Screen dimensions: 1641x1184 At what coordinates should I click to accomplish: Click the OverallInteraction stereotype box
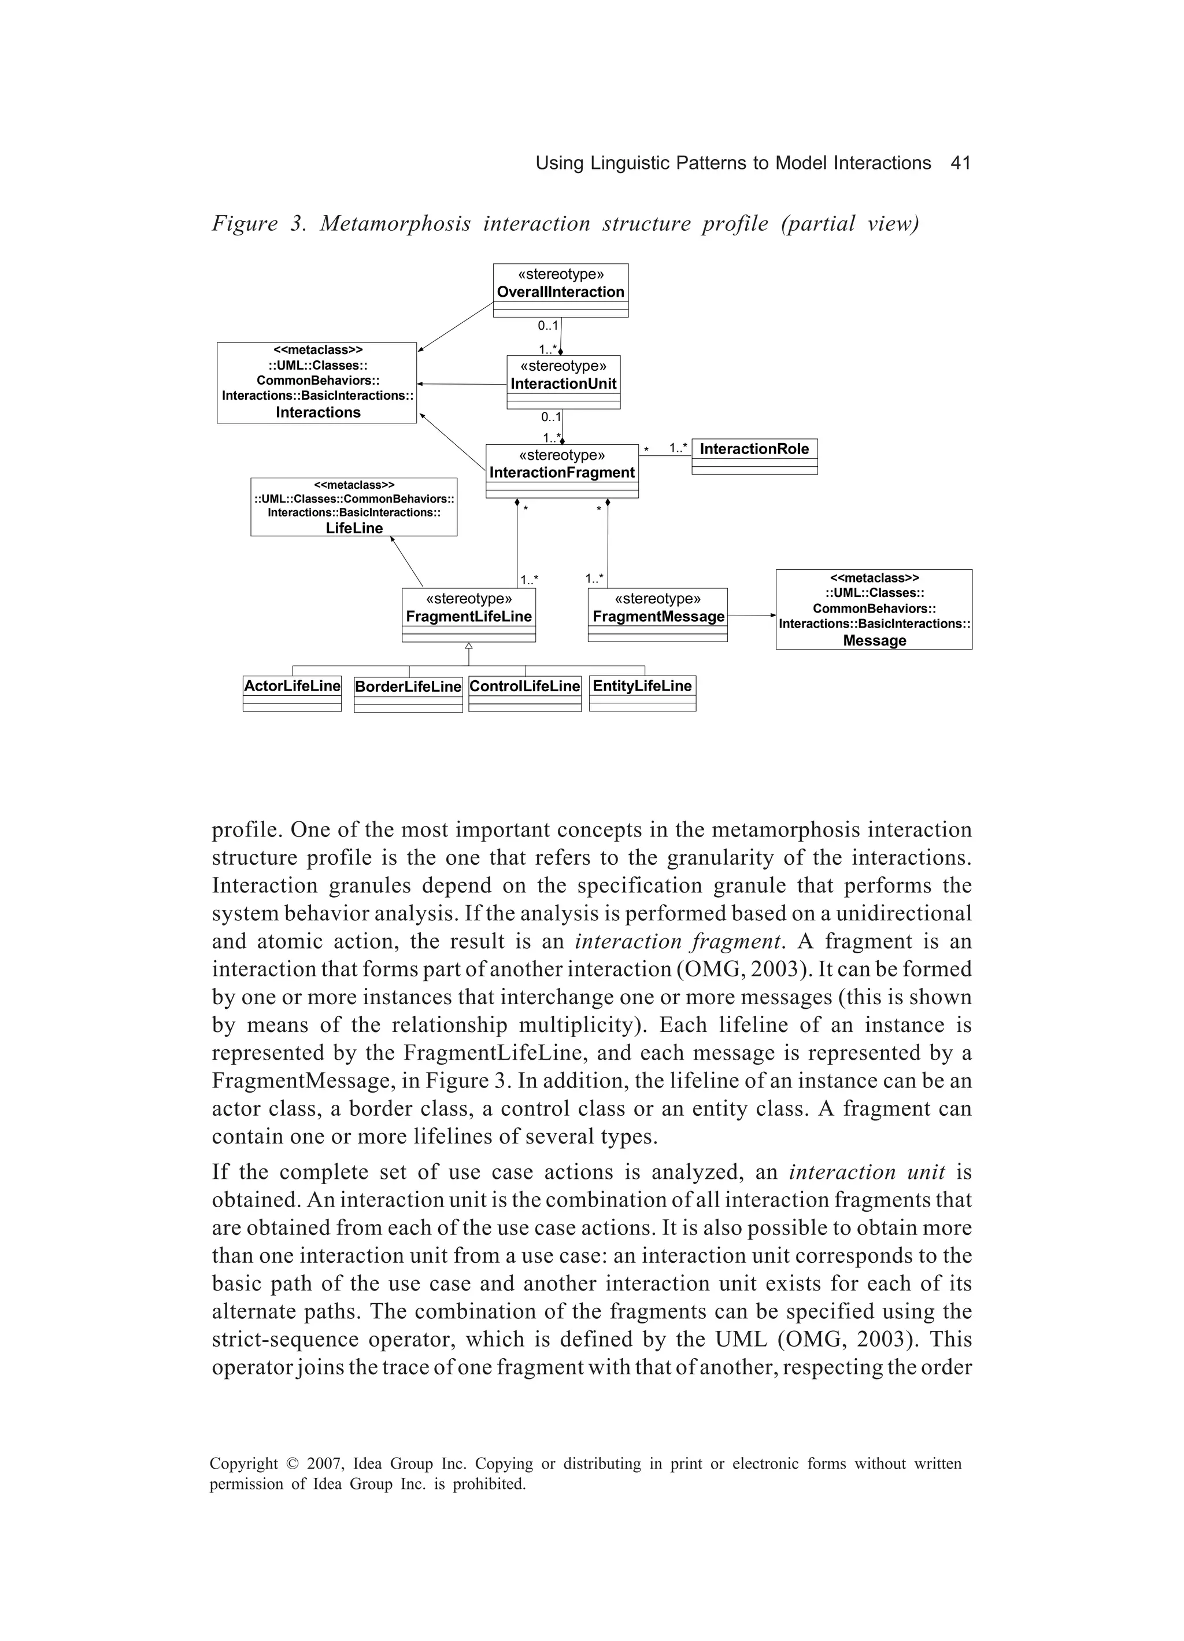561,289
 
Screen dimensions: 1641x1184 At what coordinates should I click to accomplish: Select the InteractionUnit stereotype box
564,381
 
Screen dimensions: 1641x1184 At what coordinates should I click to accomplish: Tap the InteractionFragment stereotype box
562,470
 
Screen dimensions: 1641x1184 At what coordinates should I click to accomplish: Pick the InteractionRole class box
754,456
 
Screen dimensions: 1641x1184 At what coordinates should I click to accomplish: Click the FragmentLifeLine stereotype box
469,614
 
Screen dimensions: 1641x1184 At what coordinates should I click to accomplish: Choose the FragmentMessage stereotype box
657,614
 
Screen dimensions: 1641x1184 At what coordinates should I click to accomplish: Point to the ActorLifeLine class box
292,693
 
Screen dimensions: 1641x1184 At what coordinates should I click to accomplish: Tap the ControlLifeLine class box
524,693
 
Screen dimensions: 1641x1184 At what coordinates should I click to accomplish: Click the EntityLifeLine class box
642,693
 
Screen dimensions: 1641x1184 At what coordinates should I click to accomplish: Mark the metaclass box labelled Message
874,609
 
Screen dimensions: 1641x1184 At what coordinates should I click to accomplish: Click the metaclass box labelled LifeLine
354,507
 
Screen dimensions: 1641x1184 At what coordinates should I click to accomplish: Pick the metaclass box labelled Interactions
317,382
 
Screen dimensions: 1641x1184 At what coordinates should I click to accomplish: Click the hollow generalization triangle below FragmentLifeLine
469,646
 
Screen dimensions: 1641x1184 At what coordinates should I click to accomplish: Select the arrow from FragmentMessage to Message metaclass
752,615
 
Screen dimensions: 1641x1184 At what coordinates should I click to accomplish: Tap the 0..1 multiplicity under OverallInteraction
547,326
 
